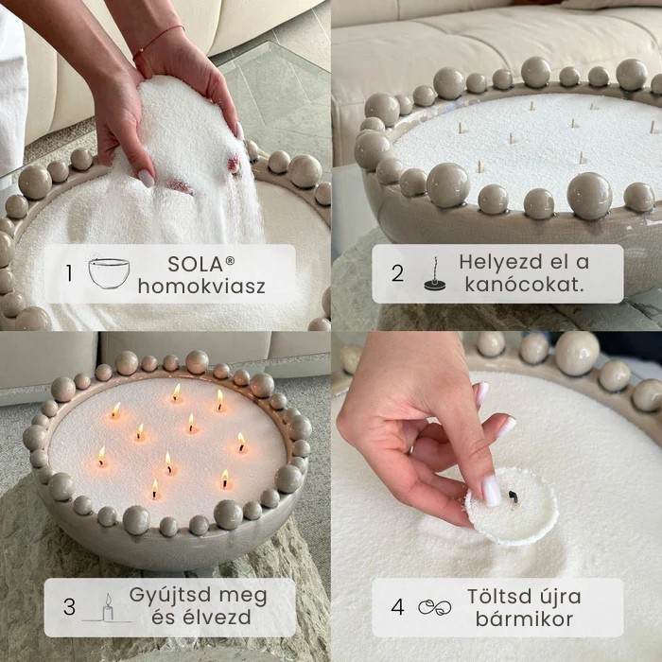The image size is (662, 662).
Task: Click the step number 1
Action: (x=69, y=273)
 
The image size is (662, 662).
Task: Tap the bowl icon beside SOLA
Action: (x=108, y=272)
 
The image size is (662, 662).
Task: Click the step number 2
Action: (x=397, y=273)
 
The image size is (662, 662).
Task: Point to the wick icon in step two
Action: (x=436, y=274)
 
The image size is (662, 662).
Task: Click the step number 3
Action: (x=69, y=606)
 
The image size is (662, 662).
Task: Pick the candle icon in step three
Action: (x=107, y=607)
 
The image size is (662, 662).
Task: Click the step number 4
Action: (x=397, y=606)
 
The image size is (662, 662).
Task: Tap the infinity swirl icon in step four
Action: (x=434, y=607)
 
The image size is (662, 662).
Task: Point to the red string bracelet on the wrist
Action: (x=157, y=38)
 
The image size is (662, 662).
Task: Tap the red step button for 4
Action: (x=397, y=606)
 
